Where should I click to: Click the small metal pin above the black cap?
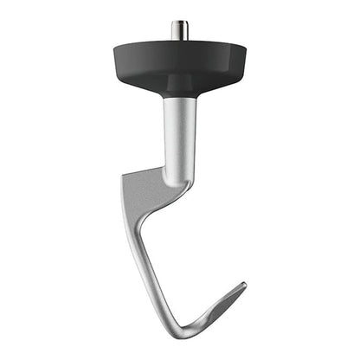point(179,29)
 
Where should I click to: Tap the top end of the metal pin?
point(179,22)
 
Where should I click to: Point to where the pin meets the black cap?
point(179,38)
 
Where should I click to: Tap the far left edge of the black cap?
point(112,54)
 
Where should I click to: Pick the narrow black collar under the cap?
point(179,91)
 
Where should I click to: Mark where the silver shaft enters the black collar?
point(179,98)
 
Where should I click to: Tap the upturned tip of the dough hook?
point(242,286)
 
